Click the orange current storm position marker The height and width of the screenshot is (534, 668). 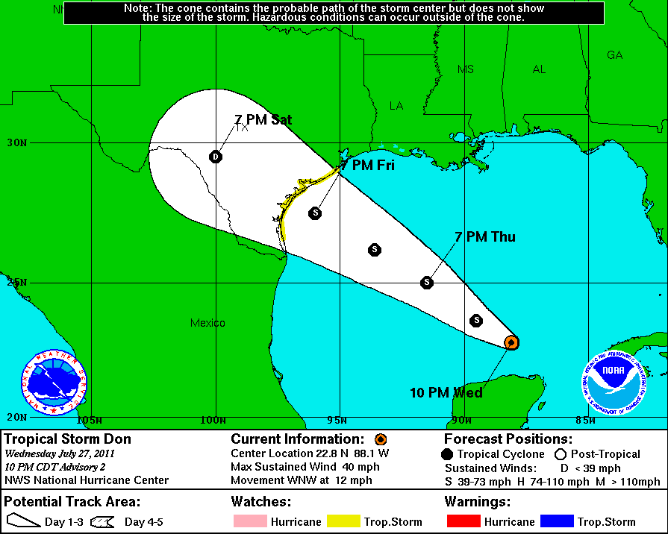click(511, 342)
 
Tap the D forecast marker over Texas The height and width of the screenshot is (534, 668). click(216, 157)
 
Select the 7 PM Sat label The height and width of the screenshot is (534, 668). click(263, 120)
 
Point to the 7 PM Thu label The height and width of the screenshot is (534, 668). click(485, 237)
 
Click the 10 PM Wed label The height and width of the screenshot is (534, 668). click(446, 392)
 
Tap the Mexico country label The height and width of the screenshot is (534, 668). click(207, 323)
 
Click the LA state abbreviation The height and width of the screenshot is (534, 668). click(396, 106)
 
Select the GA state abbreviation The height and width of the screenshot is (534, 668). click(614, 54)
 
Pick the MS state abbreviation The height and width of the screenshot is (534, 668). click(466, 69)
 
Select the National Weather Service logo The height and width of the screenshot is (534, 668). click(54, 383)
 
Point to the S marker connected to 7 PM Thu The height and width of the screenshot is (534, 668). click(427, 282)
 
